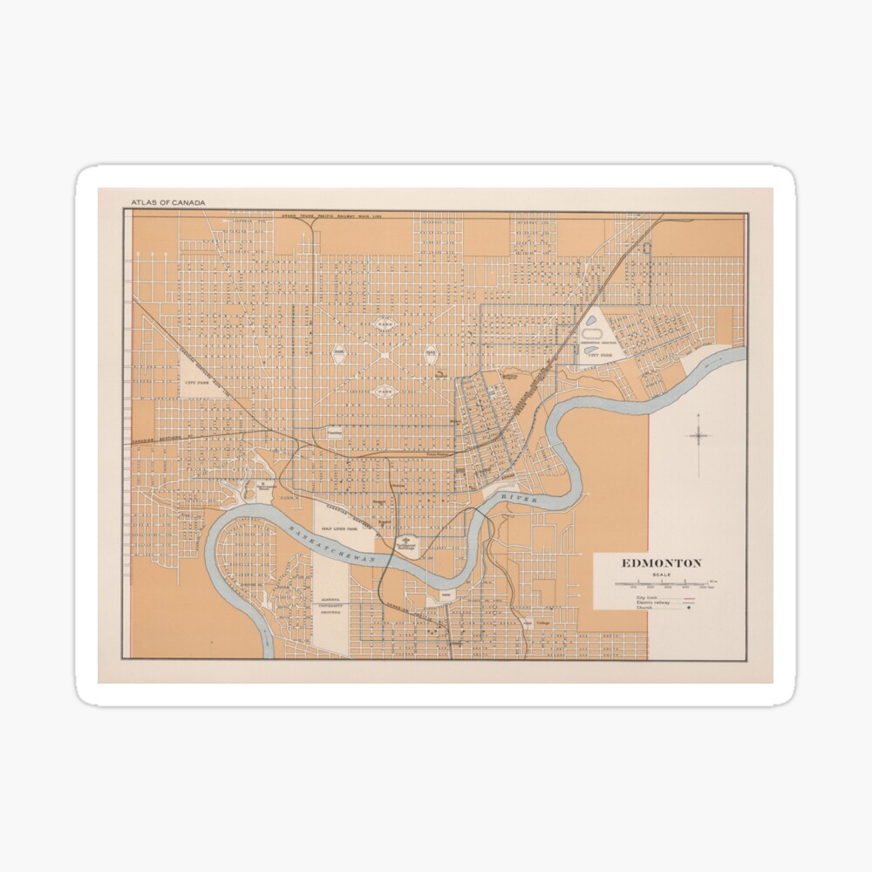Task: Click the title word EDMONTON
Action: tap(660, 563)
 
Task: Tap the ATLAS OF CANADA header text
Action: tap(168, 203)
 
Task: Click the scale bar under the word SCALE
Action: tap(660, 583)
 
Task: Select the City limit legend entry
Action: tap(644, 598)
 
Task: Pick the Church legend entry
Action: tap(646, 610)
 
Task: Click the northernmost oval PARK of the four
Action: tap(384, 324)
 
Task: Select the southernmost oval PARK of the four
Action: tap(384, 392)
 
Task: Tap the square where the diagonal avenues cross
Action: tap(384, 358)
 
